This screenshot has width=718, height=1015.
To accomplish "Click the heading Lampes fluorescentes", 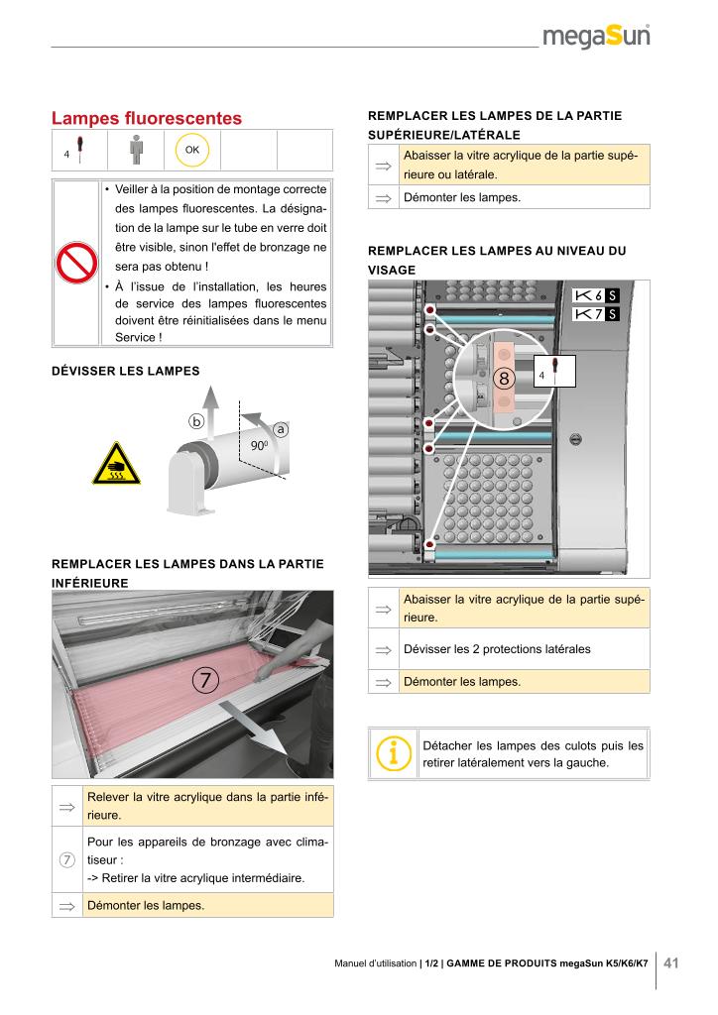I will [147, 118].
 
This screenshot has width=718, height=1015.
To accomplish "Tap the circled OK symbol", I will [191, 150].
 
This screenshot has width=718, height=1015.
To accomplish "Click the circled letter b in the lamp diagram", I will [196, 420].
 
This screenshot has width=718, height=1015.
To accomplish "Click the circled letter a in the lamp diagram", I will [281, 429].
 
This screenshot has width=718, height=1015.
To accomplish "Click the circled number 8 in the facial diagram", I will [504, 379].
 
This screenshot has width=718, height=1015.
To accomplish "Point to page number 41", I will [671, 962].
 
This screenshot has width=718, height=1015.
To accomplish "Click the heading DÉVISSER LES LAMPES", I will [125, 371].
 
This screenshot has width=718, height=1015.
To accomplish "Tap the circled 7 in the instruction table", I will [67, 858].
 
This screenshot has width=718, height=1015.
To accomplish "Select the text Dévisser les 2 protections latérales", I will [497, 649].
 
